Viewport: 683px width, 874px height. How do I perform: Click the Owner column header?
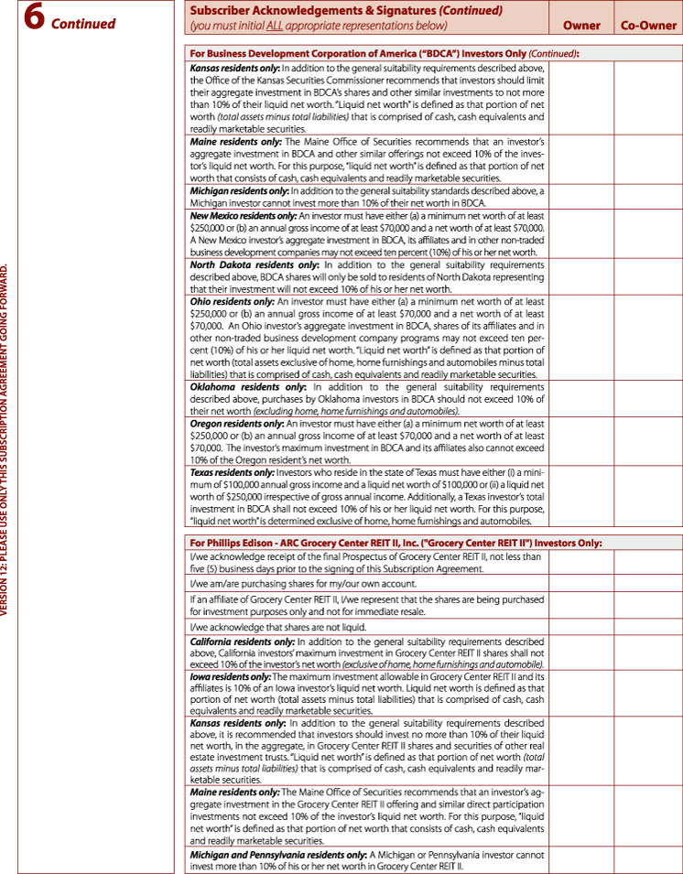(581, 26)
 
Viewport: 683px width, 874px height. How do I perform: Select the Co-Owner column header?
(648, 26)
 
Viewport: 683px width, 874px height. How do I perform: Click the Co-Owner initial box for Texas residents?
(648, 495)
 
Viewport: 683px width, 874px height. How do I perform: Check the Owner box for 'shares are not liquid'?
(581, 626)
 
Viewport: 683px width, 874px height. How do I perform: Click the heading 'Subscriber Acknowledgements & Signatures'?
(311, 11)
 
